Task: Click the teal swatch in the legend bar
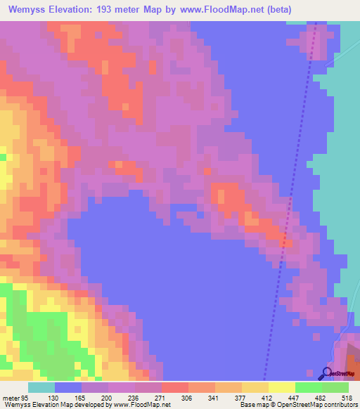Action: click(41, 389)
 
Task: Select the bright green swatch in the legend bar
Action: click(309, 389)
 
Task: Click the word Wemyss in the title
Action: click(28, 10)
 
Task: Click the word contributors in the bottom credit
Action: click(338, 404)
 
